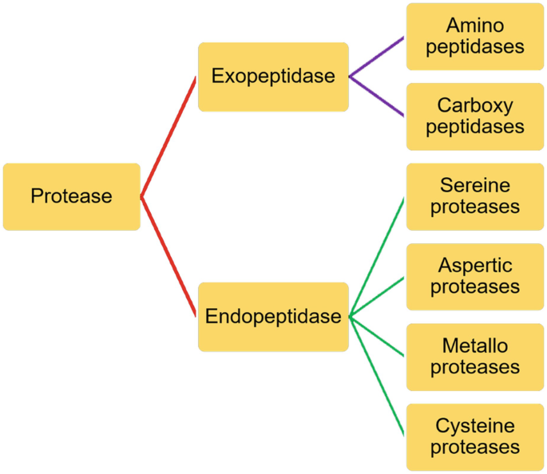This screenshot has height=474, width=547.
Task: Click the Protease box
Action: tap(71, 196)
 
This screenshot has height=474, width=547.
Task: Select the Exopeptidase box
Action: tap(273, 77)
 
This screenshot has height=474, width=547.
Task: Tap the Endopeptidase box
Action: tap(273, 317)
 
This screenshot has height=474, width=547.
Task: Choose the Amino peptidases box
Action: tap(475, 37)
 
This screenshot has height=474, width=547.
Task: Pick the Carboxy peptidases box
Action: tap(475, 117)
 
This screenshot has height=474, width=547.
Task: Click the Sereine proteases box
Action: tap(475, 196)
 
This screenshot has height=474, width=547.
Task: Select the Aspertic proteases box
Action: tap(475, 276)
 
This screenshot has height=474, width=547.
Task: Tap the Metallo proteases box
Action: tap(475, 357)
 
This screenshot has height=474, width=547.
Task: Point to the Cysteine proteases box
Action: tap(475, 436)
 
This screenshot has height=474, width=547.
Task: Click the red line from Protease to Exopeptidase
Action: tap(168, 136)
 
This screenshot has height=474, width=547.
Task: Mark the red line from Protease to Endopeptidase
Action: tap(168, 256)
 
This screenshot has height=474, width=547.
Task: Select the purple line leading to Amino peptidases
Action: tap(378, 57)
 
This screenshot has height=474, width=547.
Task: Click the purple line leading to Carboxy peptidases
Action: tap(378, 97)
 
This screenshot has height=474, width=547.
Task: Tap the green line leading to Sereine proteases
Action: tap(378, 256)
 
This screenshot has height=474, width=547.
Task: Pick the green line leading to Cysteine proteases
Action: tap(378, 376)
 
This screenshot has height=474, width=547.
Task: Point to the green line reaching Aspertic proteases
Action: tap(378, 297)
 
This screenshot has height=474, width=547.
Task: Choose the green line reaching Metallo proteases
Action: tap(378, 336)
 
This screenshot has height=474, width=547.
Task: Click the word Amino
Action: tap(475, 26)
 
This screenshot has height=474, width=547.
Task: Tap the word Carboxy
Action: tap(475, 106)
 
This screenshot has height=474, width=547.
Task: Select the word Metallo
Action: tap(475, 346)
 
